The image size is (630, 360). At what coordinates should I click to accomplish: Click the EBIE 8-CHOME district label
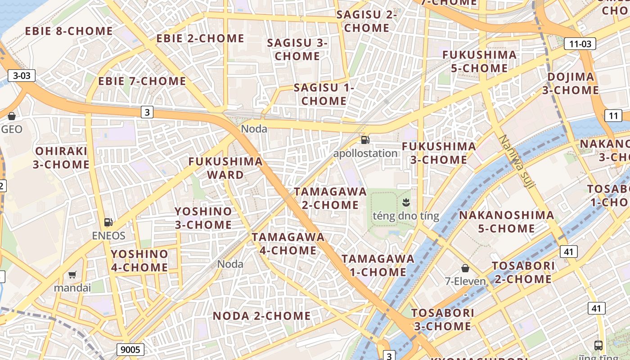(69, 31)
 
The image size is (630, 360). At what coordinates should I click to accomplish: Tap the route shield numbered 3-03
(22, 76)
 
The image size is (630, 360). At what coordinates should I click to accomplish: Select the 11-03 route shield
(580, 44)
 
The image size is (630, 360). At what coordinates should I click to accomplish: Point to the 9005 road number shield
(130, 349)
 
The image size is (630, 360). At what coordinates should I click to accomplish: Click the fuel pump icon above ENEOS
(108, 222)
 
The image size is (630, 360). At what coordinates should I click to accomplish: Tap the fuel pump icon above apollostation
(365, 140)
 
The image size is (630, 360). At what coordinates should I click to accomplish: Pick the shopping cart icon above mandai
(72, 274)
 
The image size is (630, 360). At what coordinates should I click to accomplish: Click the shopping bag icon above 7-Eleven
(465, 268)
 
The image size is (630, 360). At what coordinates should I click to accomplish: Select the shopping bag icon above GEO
(12, 116)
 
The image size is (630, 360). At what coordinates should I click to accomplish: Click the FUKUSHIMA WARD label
(225, 168)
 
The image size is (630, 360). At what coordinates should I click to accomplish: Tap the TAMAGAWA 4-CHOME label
(288, 243)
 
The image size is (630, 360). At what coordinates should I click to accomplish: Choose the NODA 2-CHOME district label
(261, 316)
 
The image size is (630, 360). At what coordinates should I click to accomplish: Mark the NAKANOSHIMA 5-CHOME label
(506, 222)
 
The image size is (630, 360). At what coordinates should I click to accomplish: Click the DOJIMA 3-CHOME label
(570, 83)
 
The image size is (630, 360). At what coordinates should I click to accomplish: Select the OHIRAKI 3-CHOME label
(61, 157)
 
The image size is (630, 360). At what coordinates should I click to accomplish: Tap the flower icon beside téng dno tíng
(406, 202)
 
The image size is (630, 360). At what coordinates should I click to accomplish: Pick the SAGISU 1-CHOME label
(324, 94)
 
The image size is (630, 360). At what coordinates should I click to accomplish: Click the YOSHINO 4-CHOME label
(139, 261)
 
